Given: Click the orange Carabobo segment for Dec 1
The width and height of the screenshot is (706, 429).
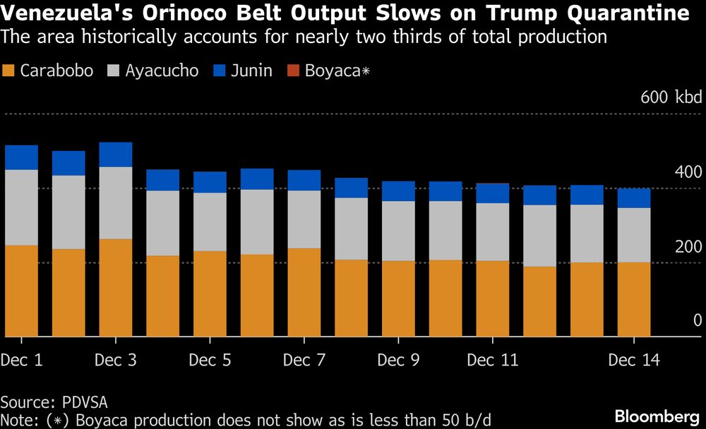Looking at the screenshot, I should pyautogui.click(x=21, y=291).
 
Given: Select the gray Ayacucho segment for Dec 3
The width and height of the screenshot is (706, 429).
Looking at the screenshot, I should pyautogui.click(x=116, y=203).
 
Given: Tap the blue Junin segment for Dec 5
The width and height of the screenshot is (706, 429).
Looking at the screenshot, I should pyautogui.click(x=210, y=182).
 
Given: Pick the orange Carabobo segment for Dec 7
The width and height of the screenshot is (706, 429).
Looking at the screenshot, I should pyautogui.click(x=304, y=292).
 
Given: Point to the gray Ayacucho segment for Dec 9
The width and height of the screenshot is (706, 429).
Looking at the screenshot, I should pyautogui.click(x=398, y=231).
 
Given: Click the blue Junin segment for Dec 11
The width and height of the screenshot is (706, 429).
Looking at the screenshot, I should pyautogui.click(x=493, y=193).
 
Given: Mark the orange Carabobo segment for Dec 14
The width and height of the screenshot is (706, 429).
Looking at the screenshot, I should pyautogui.click(x=634, y=299).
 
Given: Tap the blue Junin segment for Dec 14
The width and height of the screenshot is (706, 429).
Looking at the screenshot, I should pyautogui.click(x=634, y=198).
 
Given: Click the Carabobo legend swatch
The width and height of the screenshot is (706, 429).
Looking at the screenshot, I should pyautogui.click(x=9, y=71).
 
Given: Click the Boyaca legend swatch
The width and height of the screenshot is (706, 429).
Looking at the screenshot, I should pyautogui.click(x=293, y=71).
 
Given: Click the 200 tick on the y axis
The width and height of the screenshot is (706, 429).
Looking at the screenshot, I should pyautogui.click(x=688, y=247).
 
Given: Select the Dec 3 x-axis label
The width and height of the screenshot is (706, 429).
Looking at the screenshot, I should pyautogui.click(x=116, y=361).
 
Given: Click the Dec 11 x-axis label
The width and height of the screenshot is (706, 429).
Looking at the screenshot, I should pyautogui.click(x=493, y=361).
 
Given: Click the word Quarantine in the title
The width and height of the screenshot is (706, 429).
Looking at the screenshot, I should pyautogui.click(x=618, y=13).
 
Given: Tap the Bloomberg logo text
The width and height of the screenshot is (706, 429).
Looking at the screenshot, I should pyautogui.click(x=658, y=416).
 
